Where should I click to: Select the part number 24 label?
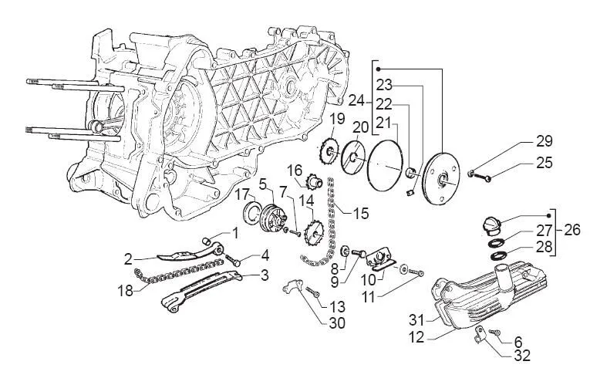pyautogui.click(x=357, y=101)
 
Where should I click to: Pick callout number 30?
pyautogui.click(x=336, y=323)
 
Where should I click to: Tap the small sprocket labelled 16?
pyautogui.click(x=314, y=183)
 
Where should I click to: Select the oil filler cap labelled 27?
pyautogui.click(x=490, y=225)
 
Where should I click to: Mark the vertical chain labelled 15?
pyautogui.click(x=331, y=220)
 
